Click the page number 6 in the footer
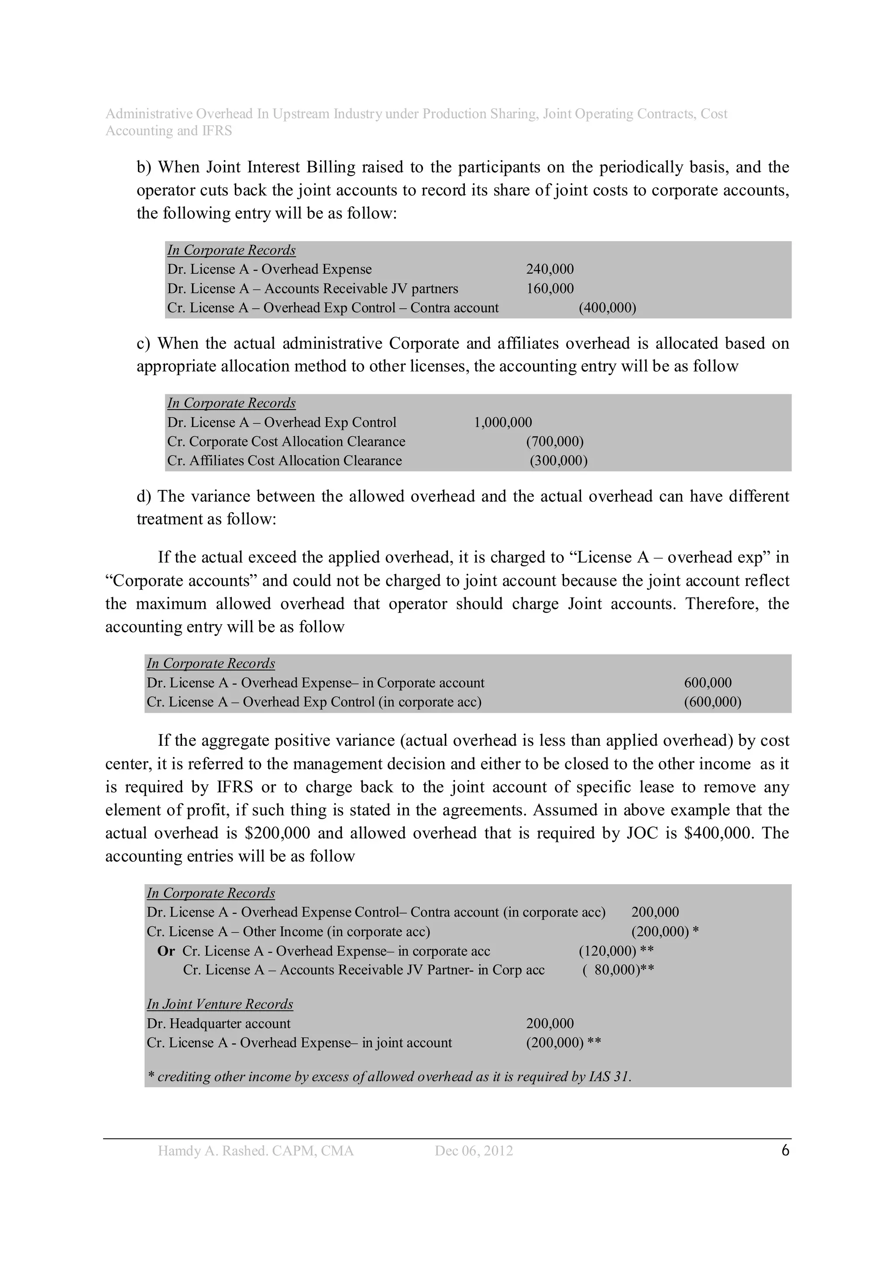pos(785,1151)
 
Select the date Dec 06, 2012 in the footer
pos(473,1151)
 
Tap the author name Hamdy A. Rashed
pos(227,1151)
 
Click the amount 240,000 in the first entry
pos(549,269)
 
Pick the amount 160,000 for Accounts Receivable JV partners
pos(549,289)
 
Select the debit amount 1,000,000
pos(502,423)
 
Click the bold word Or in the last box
pos(166,951)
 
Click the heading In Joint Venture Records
pos(219,1004)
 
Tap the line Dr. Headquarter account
pos(218,1024)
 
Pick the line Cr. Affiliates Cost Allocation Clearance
pos(284,461)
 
